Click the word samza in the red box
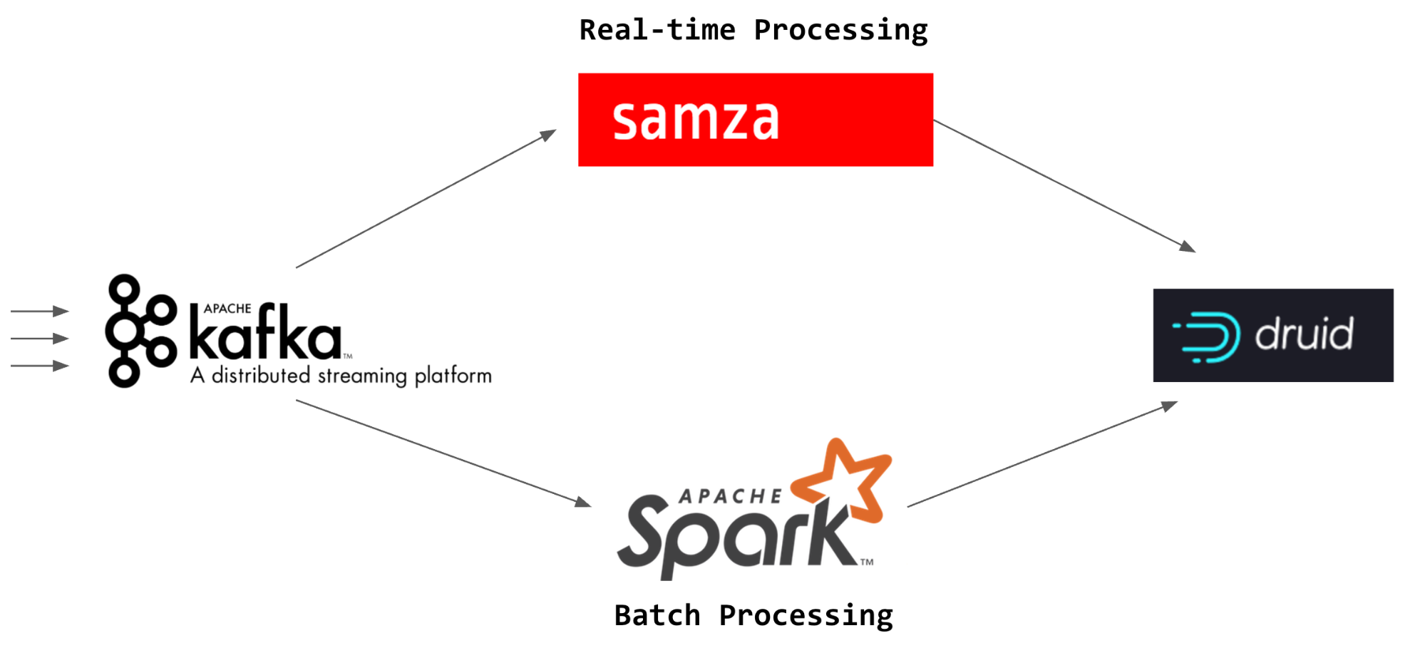pos(696,119)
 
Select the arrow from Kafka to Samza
pos(426,199)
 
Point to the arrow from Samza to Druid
pos(1065,186)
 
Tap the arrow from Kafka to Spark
pos(443,453)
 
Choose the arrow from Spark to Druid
pos(1042,454)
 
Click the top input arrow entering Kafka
pos(40,311)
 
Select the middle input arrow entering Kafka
pos(40,338)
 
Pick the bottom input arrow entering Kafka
pos(40,366)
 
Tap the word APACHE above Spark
pos(730,496)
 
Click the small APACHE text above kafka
pos(227,309)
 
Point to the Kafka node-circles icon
pos(140,331)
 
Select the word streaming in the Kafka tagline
pos(362,376)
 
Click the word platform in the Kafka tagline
pos(453,376)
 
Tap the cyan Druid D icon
pos(1207,337)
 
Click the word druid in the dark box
pos(1305,333)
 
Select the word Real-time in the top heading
pos(657,30)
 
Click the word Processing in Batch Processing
pos(806,617)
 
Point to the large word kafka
pos(265,331)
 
